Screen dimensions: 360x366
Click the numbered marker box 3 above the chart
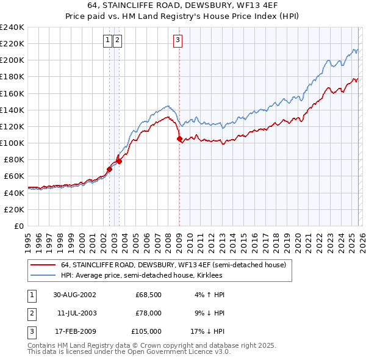178,41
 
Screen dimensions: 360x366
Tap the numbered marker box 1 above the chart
107,41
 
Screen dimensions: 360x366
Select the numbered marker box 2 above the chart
117,41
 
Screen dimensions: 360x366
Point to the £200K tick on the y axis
12,60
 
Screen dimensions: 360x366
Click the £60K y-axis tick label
14,176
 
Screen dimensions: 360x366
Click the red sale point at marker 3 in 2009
179,139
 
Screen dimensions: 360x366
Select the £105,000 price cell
146,331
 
